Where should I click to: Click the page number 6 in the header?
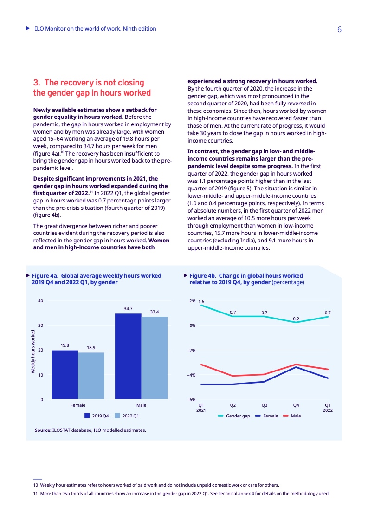coord(339,29)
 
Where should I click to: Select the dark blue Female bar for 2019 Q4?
coord(65,374)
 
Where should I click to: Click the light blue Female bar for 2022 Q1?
coord(91,376)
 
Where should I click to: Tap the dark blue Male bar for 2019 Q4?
coord(128,356)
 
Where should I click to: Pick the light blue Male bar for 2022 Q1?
coord(154,358)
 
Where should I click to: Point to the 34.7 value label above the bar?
coord(128,308)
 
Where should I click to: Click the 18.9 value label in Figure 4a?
coord(91,347)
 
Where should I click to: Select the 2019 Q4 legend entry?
coord(97,416)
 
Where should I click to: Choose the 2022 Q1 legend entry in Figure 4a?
coord(127,416)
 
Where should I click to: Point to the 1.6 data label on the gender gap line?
coord(201,302)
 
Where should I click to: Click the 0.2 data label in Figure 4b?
coord(296,318)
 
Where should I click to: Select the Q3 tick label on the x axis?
coord(264,405)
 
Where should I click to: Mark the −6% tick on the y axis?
coord(191,399)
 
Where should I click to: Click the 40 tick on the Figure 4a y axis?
coord(41,301)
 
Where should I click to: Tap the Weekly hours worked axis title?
coord(33,352)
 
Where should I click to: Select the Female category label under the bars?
coord(77,405)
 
